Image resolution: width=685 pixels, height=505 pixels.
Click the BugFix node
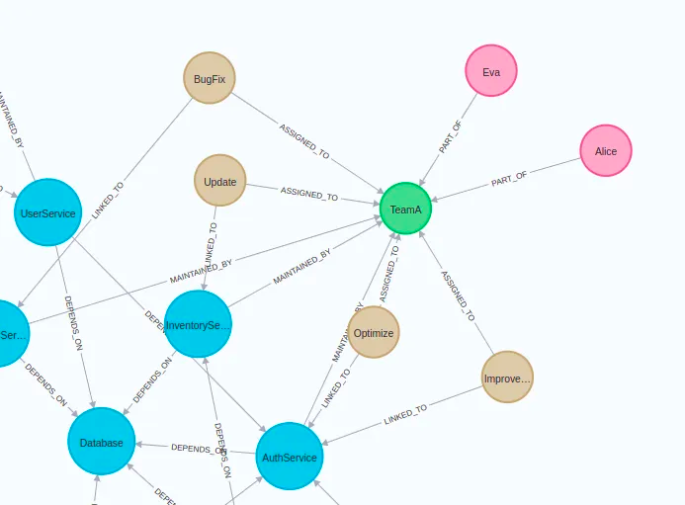pyautogui.click(x=210, y=78)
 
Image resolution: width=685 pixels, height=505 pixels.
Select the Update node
pyautogui.click(x=219, y=181)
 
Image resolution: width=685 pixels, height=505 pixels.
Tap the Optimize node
pyautogui.click(x=374, y=333)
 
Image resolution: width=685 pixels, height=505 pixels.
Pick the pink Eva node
pyautogui.click(x=491, y=71)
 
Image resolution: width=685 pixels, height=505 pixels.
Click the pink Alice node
pyautogui.click(x=606, y=151)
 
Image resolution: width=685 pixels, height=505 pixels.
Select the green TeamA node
pyautogui.click(x=405, y=210)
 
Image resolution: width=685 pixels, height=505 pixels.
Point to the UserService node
pyautogui.click(x=47, y=212)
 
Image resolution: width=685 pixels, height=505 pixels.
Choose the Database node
pyautogui.click(x=102, y=442)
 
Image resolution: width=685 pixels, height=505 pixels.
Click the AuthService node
pyautogui.click(x=290, y=457)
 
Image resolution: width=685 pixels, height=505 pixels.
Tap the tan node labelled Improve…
pyautogui.click(x=507, y=378)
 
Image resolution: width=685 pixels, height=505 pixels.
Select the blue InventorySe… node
pyautogui.click(x=198, y=324)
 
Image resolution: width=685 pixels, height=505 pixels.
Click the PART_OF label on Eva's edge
pyautogui.click(x=451, y=137)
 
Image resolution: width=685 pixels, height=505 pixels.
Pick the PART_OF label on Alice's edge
pyautogui.click(x=509, y=180)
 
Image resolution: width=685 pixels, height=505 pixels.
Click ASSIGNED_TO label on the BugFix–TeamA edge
pyautogui.click(x=304, y=141)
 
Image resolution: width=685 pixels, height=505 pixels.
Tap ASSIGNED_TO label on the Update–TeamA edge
pyautogui.click(x=309, y=193)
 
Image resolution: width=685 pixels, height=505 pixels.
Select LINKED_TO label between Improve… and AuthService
pyautogui.click(x=405, y=415)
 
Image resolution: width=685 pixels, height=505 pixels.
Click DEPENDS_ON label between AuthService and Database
pyautogui.click(x=200, y=449)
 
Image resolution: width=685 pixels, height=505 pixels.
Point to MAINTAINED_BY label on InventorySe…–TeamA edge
pyautogui.click(x=302, y=269)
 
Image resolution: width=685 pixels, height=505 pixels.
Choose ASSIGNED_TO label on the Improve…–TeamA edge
pyautogui.click(x=457, y=295)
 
